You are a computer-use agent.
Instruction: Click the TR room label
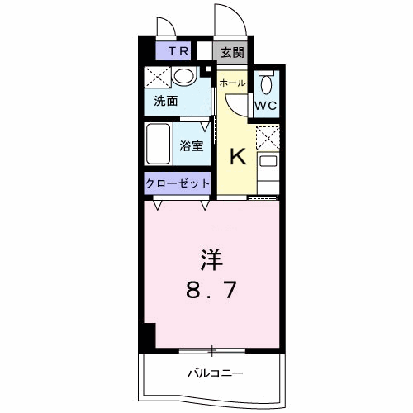click(x=178, y=51)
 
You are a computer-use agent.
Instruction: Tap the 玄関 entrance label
click(x=233, y=52)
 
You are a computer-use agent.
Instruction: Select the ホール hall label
click(x=232, y=83)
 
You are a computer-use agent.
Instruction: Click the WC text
click(x=265, y=106)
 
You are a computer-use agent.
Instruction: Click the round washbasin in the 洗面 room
click(x=184, y=75)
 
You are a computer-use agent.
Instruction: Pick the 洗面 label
click(x=166, y=101)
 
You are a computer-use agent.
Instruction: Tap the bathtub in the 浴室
click(x=158, y=144)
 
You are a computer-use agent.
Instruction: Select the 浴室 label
click(x=192, y=145)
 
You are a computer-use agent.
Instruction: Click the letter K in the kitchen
click(x=238, y=156)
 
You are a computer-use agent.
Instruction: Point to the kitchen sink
click(x=268, y=161)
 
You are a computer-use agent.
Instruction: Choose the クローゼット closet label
click(x=178, y=183)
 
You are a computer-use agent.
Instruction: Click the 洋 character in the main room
click(x=211, y=260)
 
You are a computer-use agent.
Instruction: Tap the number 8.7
click(x=211, y=290)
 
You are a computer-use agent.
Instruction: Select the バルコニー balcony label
click(x=216, y=373)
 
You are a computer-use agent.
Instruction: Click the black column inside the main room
click(x=150, y=336)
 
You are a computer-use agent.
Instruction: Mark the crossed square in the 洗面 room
click(x=158, y=77)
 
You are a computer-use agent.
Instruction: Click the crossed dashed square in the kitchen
click(x=268, y=139)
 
